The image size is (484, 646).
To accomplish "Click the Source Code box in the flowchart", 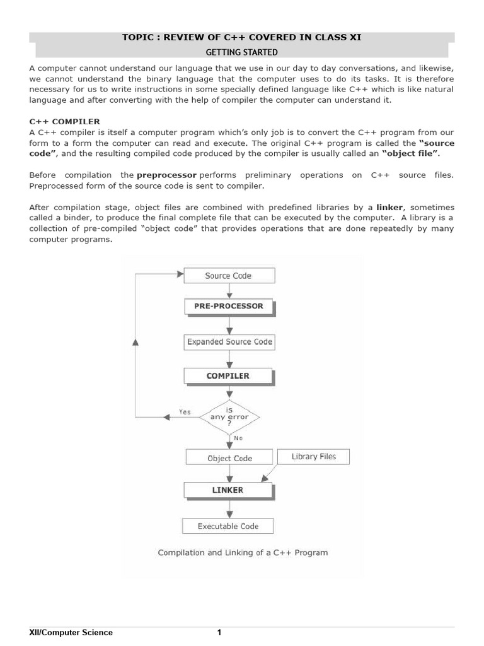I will (x=228, y=276).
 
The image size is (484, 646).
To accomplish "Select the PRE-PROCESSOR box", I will (x=229, y=307).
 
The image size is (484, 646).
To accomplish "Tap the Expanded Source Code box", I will (x=229, y=342).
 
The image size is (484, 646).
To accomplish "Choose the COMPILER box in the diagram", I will (x=228, y=376).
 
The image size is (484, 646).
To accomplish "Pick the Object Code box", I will (x=229, y=459).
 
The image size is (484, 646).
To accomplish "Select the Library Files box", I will (x=314, y=457).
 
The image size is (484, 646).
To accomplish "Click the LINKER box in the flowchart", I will (x=228, y=490).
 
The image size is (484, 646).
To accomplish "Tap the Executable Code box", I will (x=228, y=526).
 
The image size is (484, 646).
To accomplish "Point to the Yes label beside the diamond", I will (x=185, y=412).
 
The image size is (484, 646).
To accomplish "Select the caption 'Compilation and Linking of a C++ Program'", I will (x=243, y=553).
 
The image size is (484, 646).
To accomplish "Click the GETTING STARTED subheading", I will (x=242, y=52).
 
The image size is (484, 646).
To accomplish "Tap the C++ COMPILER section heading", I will (x=64, y=121).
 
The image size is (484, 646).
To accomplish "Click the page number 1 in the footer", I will (x=219, y=633).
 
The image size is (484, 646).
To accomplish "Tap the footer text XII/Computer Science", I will (x=71, y=633).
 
